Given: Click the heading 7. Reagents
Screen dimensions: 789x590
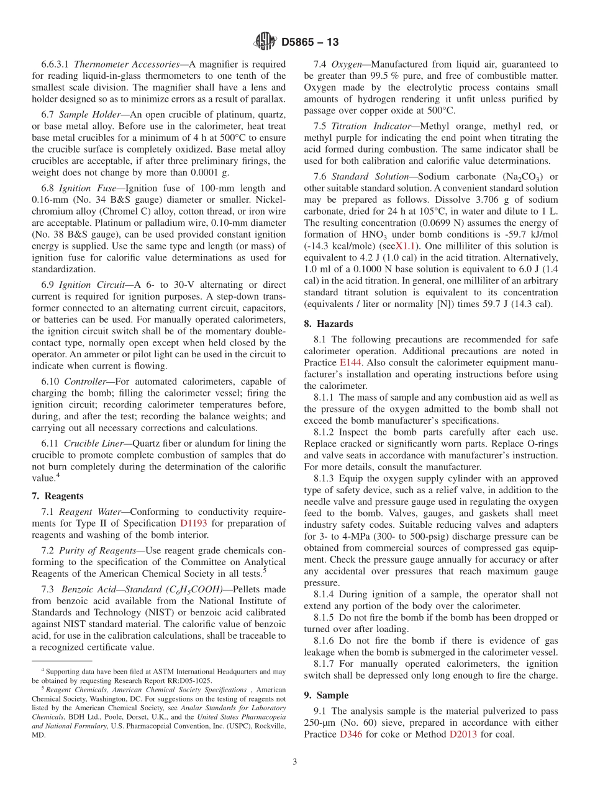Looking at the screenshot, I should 57,496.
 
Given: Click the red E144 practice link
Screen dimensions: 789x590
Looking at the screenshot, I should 351,362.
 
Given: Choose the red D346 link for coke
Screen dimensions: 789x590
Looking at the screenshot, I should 350,734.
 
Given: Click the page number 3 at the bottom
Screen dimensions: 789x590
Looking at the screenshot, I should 295,762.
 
